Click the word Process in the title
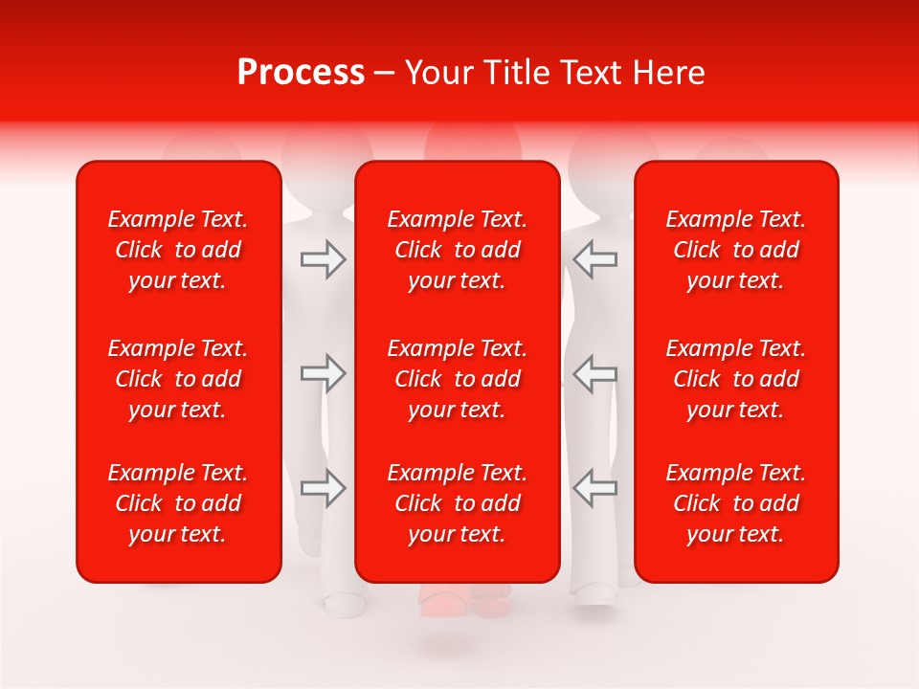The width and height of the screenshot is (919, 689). click(x=301, y=73)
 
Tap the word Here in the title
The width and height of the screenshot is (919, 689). click(x=669, y=73)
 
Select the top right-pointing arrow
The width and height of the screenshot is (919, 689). click(x=324, y=259)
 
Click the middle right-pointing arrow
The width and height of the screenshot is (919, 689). click(x=324, y=374)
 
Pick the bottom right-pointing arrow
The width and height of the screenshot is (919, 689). click(x=324, y=488)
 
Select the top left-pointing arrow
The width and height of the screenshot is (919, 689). click(x=595, y=259)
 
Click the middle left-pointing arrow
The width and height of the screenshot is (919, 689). click(x=595, y=374)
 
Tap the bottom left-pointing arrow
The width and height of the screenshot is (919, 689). click(x=595, y=488)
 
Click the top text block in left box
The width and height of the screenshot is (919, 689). click(x=178, y=250)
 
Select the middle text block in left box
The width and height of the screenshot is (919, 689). click(x=178, y=379)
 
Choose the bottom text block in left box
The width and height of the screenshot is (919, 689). click(x=178, y=503)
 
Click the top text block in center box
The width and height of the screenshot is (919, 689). click(x=458, y=250)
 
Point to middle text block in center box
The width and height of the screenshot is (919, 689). click(x=458, y=379)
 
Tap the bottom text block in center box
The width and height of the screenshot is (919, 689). click(x=458, y=503)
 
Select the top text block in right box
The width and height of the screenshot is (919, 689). click(x=736, y=250)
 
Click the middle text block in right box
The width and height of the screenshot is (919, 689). click(x=736, y=379)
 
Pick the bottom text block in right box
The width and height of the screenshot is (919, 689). click(x=736, y=503)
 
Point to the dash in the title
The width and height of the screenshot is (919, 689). click(x=385, y=74)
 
